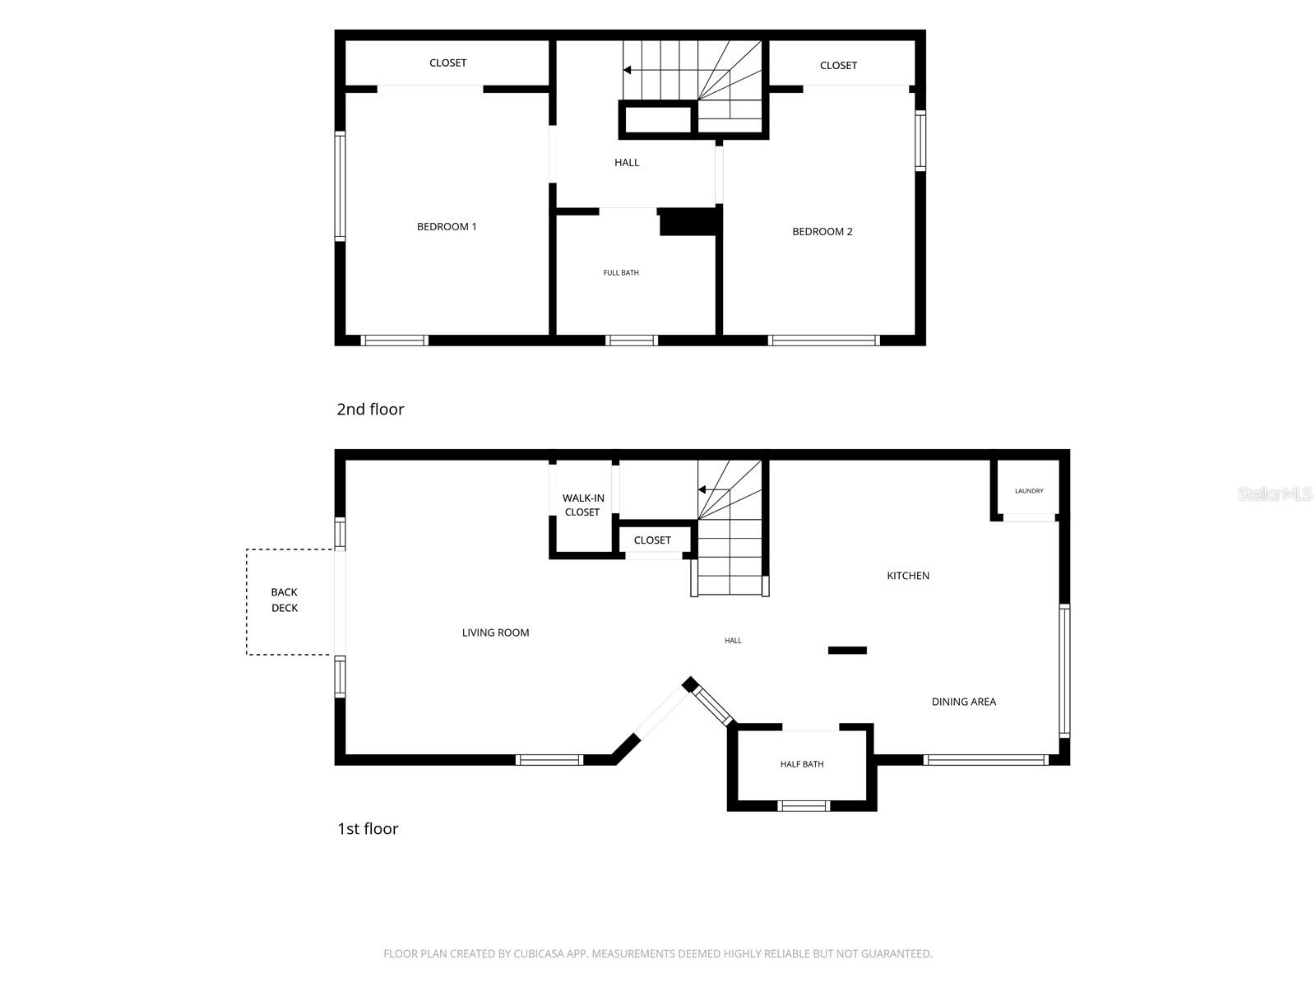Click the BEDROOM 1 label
tap(446, 226)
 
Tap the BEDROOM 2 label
tap(822, 231)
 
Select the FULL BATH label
tap(620, 273)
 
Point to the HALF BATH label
tap(802, 764)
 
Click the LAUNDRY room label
tap(1029, 491)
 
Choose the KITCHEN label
tap(908, 575)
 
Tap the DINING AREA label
tap(963, 701)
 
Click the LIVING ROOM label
tap(495, 633)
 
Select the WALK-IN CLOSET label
tap(583, 504)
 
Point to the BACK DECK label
tap(285, 600)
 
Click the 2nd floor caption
tap(370, 409)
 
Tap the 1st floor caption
tap(368, 828)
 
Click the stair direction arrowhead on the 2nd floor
tap(627, 70)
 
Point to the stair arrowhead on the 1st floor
tap(702, 489)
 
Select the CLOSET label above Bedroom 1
tap(447, 63)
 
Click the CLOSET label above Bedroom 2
tap(838, 65)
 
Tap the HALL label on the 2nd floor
tap(627, 162)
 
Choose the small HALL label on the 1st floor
tap(733, 641)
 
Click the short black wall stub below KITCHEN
tap(847, 651)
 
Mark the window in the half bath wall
tap(804, 806)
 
